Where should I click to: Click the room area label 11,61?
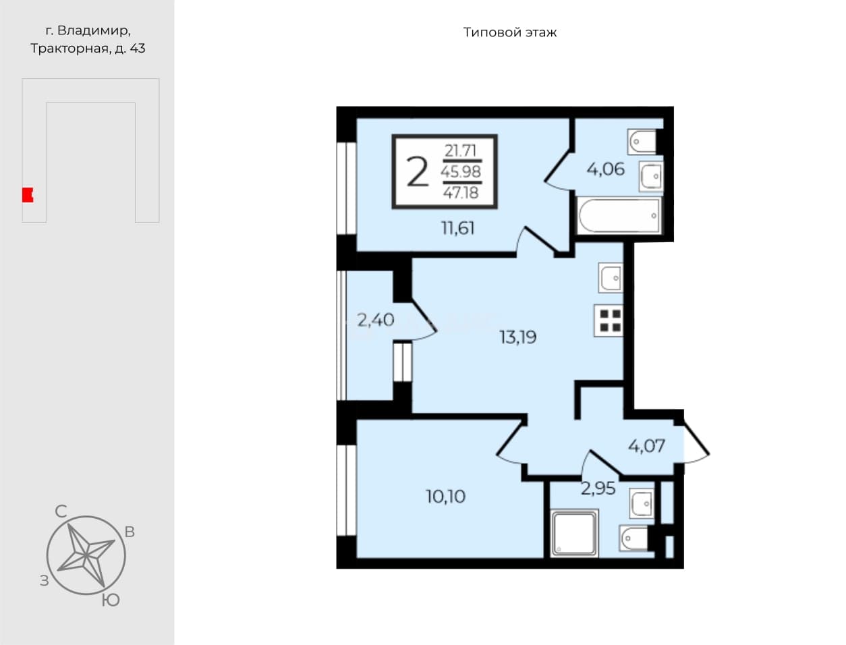[457, 229]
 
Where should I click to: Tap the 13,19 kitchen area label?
[517, 337]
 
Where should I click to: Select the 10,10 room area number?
[445, 497]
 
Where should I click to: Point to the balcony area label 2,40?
[375, 320]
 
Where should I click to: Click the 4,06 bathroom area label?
[606, 169]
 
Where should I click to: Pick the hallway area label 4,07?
[646, 446]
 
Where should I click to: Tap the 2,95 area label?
[598, 488]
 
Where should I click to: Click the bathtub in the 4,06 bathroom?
[619, 216]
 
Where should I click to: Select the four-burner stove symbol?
[609, 320]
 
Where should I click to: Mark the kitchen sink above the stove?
[611, 278]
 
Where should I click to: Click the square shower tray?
[574, 533]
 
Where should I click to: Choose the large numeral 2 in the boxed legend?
[418, 173]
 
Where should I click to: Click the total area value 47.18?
[461, 192]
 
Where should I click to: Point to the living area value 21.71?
[461, 150]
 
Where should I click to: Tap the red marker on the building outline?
[28, 195]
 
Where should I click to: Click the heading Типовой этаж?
[510, 32]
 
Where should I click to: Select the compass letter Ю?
[111, 600]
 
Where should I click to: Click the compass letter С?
[61, 511]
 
